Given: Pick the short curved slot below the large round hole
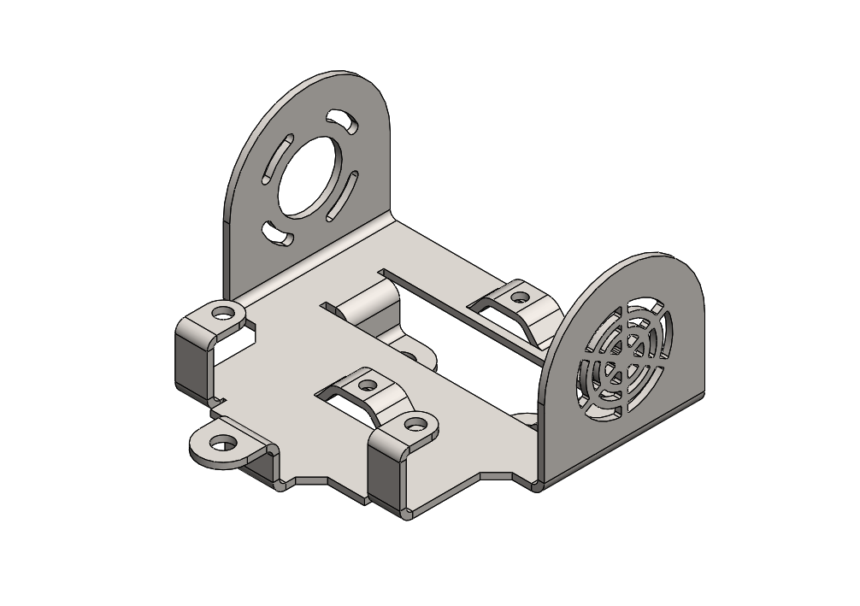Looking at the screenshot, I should click(277, 232).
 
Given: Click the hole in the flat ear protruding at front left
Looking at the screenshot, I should click(223, 443).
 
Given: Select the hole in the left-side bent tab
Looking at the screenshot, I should click(224, 312).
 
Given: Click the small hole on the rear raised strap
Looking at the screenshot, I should click(519, 298).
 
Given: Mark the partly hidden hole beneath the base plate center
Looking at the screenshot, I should click(408, 354).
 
